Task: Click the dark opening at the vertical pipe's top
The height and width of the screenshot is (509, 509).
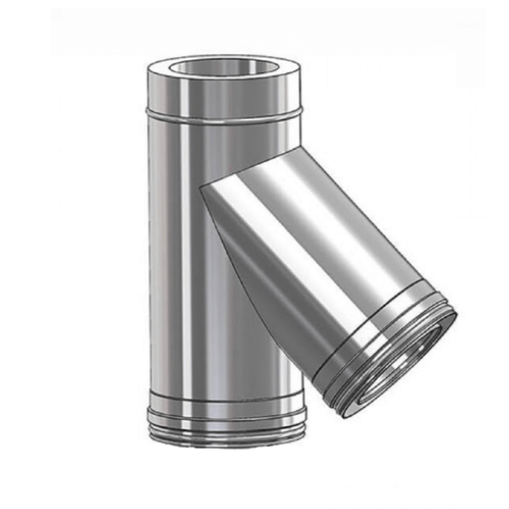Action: tap(225, 68)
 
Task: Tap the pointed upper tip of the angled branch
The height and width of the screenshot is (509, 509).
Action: tap(201, 186)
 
